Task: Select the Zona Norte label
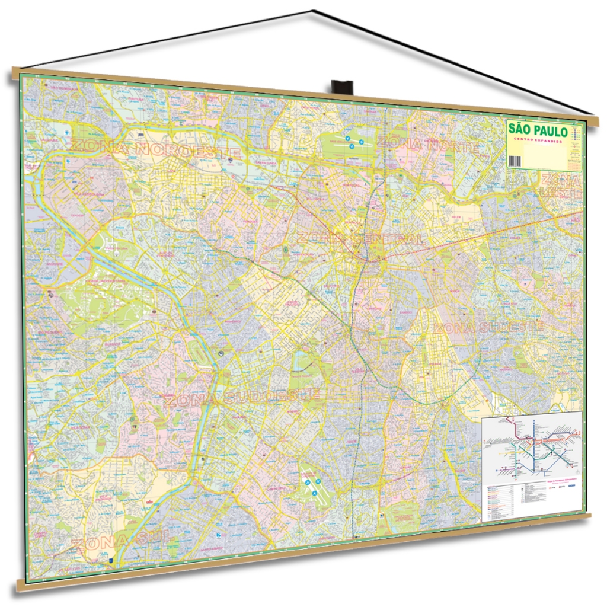(x=427, y=145)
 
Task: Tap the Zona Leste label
(x=561, y=186)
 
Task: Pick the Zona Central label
(x=361, y=238)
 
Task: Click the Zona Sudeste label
(x=488, y=328)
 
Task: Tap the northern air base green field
(x=350, y=142)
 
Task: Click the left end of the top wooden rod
(x=17, y=75)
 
